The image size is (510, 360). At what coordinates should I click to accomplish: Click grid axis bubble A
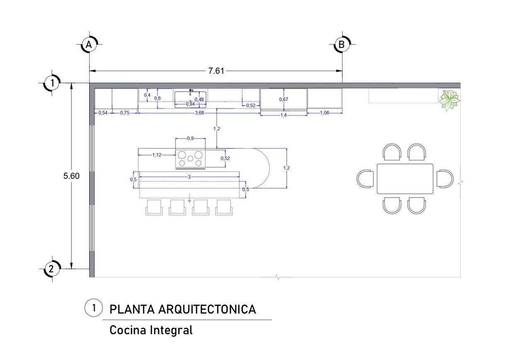[89, 44]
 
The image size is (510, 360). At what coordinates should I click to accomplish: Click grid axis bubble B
[342, 44]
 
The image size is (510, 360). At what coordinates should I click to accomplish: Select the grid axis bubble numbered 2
[52, 269]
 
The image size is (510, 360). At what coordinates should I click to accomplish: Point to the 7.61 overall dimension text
[216, 71]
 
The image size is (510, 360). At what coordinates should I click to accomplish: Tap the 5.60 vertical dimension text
[71, 176]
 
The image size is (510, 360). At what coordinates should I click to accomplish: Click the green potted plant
[449, 100]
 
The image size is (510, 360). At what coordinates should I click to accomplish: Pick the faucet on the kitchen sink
[191, 92]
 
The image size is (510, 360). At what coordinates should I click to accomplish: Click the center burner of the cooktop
[190, 158]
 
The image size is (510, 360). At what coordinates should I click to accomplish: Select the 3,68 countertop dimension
[200, 113]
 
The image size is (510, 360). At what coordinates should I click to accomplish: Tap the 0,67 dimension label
[284, 99]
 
